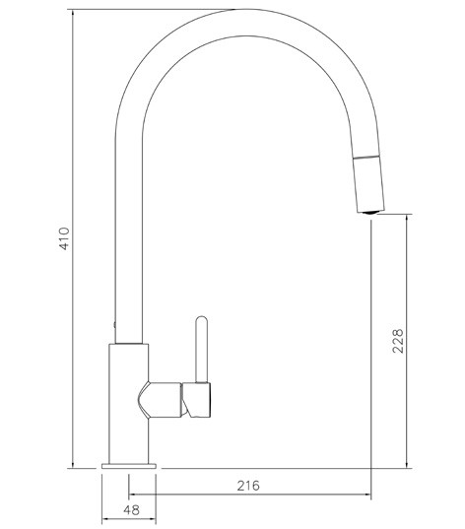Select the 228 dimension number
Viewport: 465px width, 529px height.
pyautogui.click(x=397, y=342)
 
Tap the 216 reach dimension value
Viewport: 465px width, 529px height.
pyautogui.click(x=249, y=486)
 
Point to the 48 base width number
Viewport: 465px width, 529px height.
pyautogui.click(x=130, y=511)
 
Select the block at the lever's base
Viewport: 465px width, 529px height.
pyautogui.click(x=200, y=399)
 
